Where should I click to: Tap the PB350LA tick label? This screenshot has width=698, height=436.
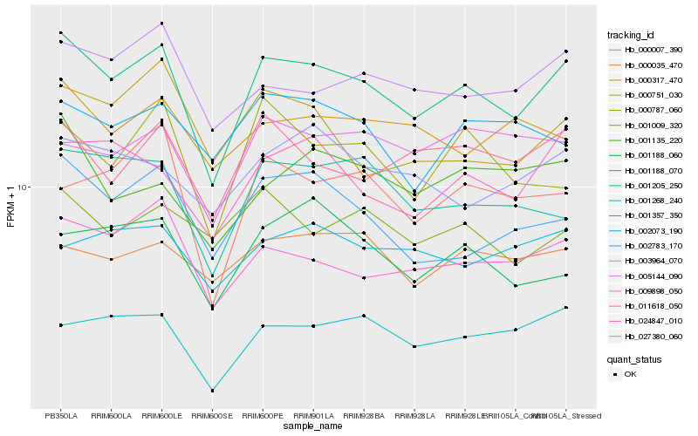coord(60,415)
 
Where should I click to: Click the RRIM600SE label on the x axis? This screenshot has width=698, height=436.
coord(212,415)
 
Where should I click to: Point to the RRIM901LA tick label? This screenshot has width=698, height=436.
coord(313,415)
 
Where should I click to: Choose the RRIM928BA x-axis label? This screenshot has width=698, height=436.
coord(364,415)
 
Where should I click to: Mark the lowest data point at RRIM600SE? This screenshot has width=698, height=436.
coord(212,391)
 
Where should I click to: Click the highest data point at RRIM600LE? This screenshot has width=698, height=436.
coord(161,24)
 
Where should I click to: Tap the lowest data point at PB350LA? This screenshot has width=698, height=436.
coord(60,325)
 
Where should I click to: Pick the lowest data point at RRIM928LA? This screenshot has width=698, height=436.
coord(414,346)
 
